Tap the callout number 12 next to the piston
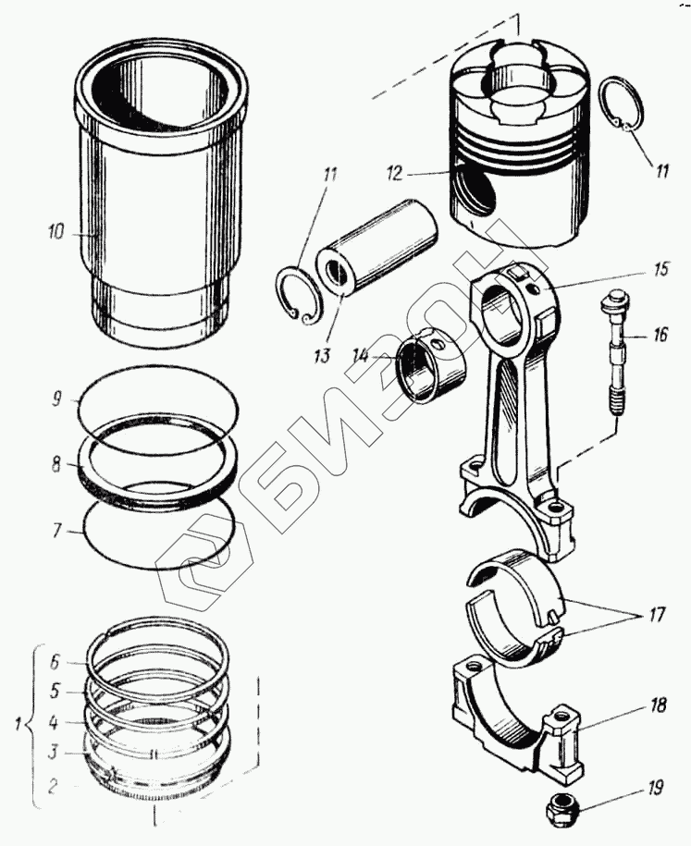pos(396,173)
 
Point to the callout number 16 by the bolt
pos(660,335)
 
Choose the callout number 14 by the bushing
pos(362,355)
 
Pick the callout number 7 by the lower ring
pos(56,533)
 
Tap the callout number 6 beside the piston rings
pos(55,662)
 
